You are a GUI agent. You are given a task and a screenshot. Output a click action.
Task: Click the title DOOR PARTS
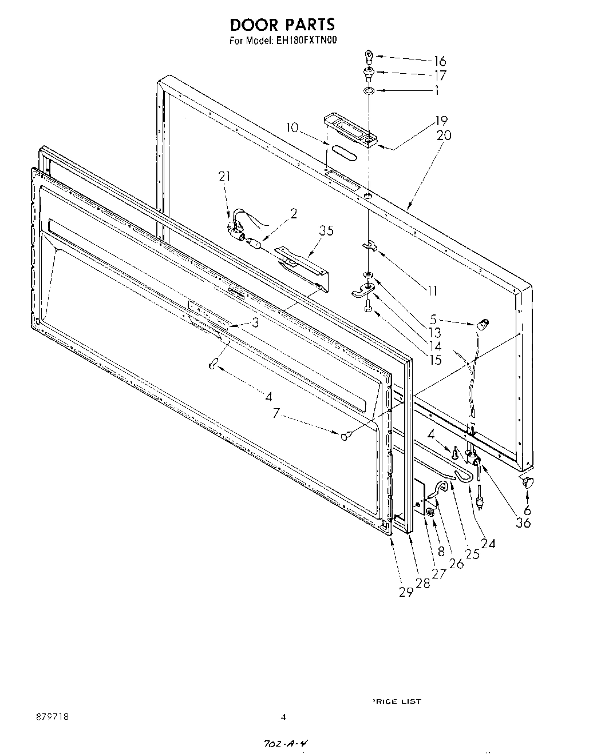coord(282,25)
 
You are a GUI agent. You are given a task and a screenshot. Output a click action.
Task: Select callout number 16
coord(440,61)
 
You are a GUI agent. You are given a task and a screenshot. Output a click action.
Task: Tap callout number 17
coord(440,75)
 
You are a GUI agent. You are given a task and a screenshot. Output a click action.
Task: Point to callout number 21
coord(224,177)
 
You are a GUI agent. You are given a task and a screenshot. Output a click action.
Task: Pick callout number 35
coord(326,231)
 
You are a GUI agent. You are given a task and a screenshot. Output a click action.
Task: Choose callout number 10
coord(292,127)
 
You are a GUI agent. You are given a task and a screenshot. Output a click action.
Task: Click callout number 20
coord(444,135)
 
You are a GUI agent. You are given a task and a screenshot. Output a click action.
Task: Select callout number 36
coord(523,522)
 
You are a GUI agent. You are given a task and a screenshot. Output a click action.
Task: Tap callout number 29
coord(406,592)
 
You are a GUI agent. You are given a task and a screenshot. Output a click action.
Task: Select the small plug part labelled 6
coord(527,482)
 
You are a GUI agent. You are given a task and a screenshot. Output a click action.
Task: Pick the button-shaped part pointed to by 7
coord(345,437)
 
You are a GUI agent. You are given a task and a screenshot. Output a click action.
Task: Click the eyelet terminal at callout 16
coord(368,56)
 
